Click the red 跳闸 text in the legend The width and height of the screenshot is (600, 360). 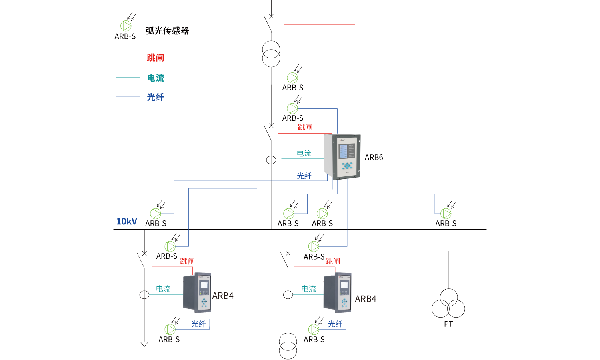point(155,58)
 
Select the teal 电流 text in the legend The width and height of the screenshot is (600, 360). point(156,78)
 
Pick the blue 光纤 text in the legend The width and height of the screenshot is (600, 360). point(156,97)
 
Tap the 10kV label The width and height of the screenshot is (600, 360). point(126,222)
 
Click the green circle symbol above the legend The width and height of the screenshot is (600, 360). point(126,26)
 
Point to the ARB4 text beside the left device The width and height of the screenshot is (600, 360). point(223,296)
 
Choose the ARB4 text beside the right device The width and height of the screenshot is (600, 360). point(366,299)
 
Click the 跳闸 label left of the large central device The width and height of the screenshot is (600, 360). point(305,127)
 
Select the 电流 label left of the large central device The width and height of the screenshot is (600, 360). point(304,153)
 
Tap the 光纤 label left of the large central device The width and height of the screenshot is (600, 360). point(304,176)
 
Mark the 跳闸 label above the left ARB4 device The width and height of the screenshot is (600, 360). point(187,261)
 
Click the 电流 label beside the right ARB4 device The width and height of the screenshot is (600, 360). point(309,289)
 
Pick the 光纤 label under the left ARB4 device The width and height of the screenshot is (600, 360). point(198,324)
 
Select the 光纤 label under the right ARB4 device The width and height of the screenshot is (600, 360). point(335,324)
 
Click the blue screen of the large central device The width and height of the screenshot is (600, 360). point(343,151)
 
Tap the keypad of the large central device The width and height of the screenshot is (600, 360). point(347,166)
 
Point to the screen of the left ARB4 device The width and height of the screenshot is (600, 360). point(204,285)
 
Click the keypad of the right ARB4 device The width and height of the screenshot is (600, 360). point(344,302)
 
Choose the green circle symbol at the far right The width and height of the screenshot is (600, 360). point(446,214)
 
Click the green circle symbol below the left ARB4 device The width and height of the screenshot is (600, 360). point(170,329)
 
